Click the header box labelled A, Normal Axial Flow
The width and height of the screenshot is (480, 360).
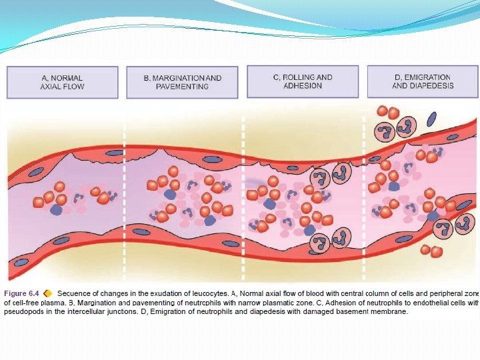tap(62, 82)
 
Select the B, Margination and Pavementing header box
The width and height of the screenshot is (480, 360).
tap(183, 82)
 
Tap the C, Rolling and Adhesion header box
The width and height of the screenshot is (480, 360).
tap(303, 81)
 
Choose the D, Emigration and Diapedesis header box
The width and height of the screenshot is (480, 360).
tap(423, 81)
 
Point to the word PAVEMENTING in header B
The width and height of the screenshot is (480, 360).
tap(183, 87)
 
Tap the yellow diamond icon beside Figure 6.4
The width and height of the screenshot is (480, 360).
tap(48, 293)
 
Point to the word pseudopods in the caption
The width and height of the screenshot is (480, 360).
tap(24, 311)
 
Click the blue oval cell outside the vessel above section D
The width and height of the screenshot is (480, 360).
tap(432, 119)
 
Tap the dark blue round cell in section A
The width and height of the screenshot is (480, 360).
tap(56, 209)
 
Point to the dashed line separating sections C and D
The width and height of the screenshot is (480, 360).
tap(364, 193)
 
